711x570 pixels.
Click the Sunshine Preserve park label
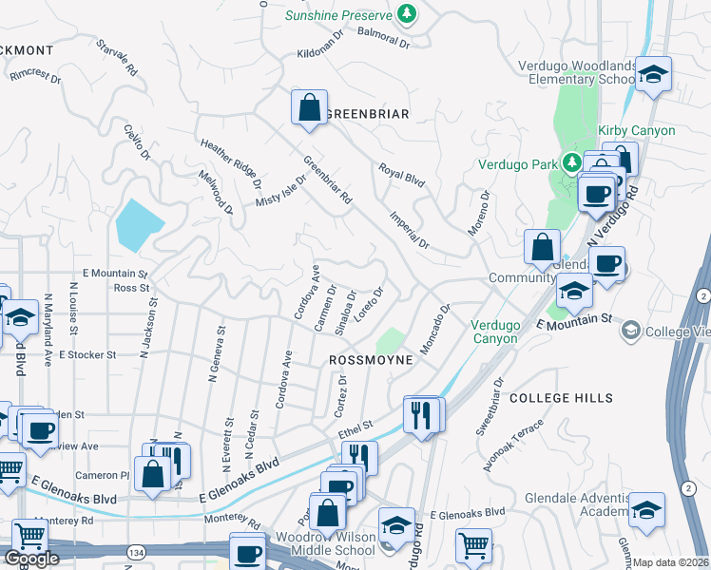(340, 15)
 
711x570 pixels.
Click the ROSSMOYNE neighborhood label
(371, 361)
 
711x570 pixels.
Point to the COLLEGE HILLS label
(561, 398)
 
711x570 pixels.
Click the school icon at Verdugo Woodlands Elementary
(653, 74)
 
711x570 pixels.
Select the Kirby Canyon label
(636, 130)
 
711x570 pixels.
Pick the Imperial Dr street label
(410, 227)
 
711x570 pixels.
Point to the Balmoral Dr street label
(383, 37)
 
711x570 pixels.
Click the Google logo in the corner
(31, 559)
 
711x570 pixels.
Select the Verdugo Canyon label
(495, 332)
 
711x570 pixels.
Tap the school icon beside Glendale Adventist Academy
(646, 510)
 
